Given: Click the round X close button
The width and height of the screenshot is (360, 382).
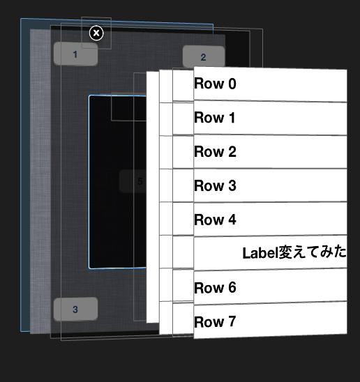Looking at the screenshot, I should point(97,33).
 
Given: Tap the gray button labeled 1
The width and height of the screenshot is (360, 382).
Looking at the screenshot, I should point(75,54).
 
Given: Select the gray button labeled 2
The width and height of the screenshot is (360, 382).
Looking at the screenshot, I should point(203,57).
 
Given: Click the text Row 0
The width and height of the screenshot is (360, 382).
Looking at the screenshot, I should point(215,84).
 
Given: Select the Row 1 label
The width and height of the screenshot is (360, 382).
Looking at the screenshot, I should point(215,119).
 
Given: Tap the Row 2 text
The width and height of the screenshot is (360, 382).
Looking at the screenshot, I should point(215,152).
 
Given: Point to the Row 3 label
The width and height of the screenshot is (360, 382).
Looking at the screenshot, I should point(215,186).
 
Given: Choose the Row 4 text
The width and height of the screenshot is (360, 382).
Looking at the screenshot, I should point(215,220).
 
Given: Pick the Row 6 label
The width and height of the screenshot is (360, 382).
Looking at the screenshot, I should point(215,288).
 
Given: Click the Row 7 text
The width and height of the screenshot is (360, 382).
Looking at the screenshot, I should point(215,322).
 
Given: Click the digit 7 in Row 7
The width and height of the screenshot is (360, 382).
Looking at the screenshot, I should point(232,322).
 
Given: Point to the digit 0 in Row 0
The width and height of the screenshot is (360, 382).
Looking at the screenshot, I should point(232,84).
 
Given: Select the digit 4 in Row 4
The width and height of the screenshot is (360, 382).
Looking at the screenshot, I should point(232,220).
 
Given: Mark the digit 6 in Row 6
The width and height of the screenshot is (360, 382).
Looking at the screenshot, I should point(232,288).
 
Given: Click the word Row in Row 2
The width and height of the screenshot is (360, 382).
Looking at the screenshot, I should point(207,152).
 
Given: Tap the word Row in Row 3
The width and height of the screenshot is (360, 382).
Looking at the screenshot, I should point(207,186).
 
